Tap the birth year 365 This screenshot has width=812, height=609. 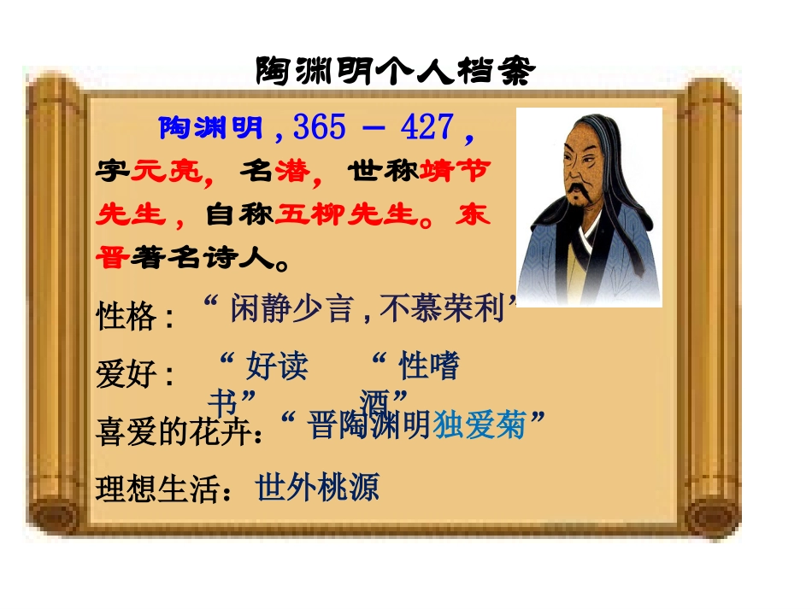(320, 128)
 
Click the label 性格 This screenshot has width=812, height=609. (127, 318)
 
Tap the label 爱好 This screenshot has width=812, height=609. (127, 375)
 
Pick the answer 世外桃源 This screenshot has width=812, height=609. (317, 489)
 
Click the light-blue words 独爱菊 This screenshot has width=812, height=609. (480, 425)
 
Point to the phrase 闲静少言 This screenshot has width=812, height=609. (291, 309)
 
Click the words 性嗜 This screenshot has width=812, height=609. (430, 367)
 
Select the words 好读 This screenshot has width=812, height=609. (277, 367)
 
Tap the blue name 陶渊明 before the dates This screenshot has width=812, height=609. (211, 129)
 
